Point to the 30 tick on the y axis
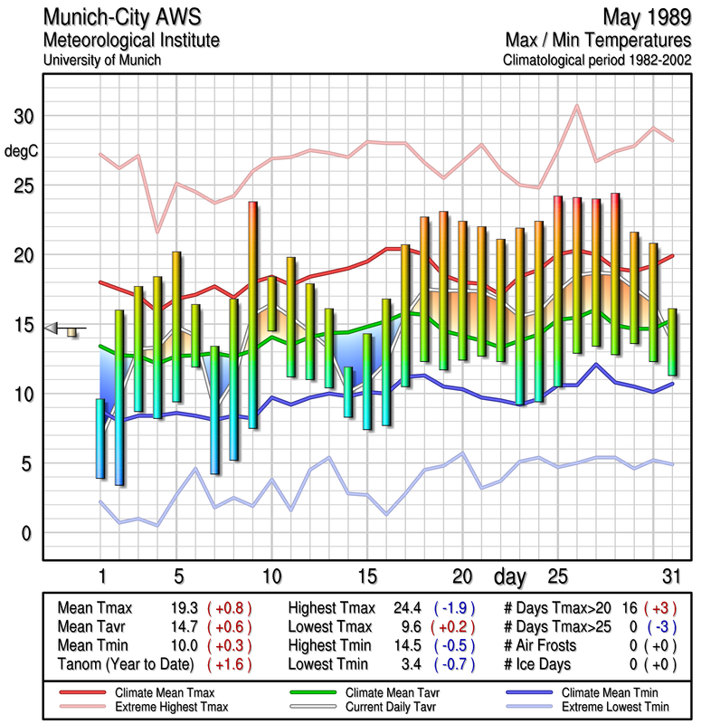pyautogui.click(x=23, y=117)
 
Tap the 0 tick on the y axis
pyautogui.click(x=27, y=533)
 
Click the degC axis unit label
pyautogui.click(x=22, y=151)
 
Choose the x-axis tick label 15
pyautogui.click(x=367, y=576)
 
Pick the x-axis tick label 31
pyautogui.click(x=669, y=576)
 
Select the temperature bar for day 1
pyautogui.click(x=99, y=438)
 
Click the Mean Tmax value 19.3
pyautogui.click(x=184, y=608)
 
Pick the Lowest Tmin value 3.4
pyautogui.click(x=412, y=665)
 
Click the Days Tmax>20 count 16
pyautogui.click(x=630, y=608)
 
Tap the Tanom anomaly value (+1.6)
pyautogui.click(x=230, y=665)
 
